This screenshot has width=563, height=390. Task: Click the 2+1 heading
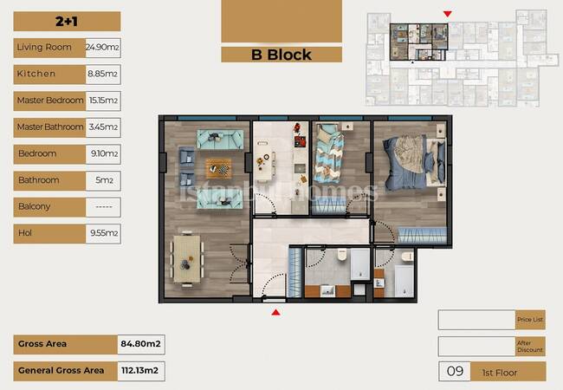[x=67, y=22]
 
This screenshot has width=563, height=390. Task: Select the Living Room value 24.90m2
[x=103, y=48]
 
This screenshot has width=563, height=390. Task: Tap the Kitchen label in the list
[x=36, y=74]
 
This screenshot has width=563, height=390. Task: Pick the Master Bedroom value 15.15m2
[x=103, y=101]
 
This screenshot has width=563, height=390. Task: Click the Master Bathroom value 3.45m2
[x=103, y=127]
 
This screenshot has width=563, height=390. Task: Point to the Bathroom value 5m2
[x=104, y=180]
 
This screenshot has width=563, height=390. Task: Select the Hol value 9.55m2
[x=104, y=233]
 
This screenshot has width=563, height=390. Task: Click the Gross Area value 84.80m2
[x=140, y=344]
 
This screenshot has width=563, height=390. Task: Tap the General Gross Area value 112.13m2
[x=140, y=371]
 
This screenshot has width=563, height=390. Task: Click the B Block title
[x=281, y=55]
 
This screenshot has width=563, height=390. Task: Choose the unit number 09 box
[x=455, y=371]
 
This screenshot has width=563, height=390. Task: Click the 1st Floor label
[x=500, y=374]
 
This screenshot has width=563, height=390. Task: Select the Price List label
[x=530, y=320]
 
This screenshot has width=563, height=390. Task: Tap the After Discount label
[x=530, y=347]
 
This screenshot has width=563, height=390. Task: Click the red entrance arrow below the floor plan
[x=275, y=312]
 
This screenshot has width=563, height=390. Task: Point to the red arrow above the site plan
[x=448, y=14]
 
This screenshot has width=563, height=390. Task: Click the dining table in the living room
[x=187, y=258]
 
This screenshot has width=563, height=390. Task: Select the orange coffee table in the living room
[x=218, y=168]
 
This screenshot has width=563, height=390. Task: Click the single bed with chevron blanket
[x=328, y=153]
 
